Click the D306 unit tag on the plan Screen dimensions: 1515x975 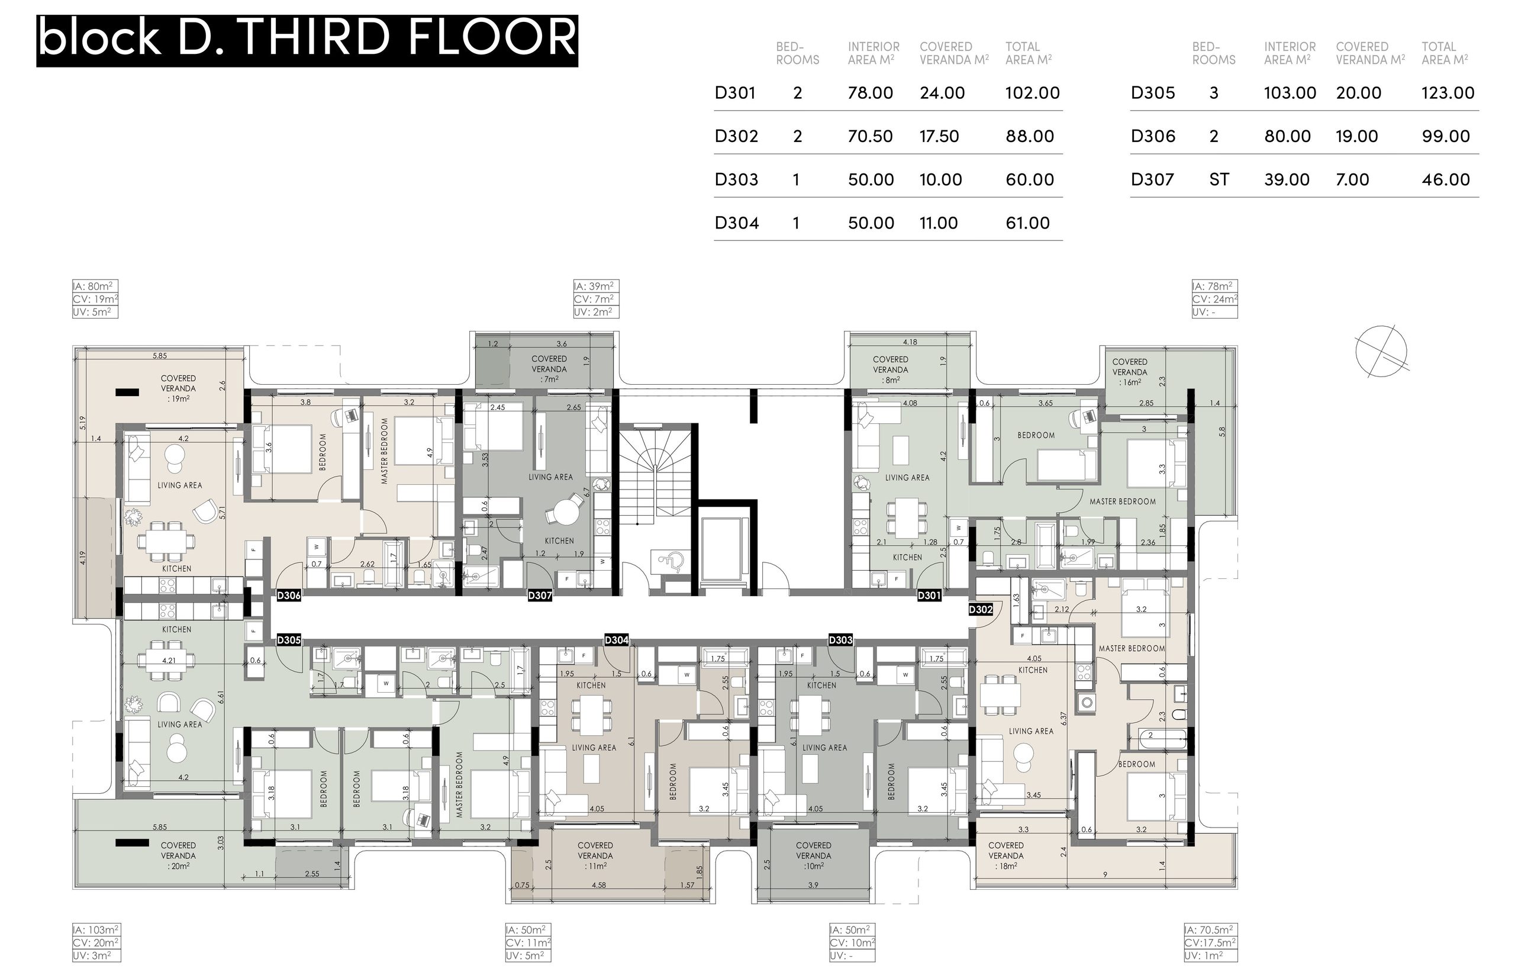289,595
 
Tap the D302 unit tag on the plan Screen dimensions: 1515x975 980,609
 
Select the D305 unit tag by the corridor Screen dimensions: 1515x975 289,640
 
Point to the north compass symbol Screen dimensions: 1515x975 1381,352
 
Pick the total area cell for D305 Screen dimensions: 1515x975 1448,93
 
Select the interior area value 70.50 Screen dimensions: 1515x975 870,136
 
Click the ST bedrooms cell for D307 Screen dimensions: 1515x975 1219,180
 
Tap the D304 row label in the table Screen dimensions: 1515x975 737,223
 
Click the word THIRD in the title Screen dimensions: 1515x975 317,38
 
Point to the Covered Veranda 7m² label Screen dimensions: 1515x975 549,368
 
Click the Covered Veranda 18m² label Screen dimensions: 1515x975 1005,855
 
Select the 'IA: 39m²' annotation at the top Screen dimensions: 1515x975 595,286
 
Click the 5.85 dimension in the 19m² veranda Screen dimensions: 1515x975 160,356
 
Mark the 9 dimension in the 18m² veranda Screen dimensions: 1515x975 1105,874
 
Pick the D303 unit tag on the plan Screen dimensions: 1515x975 840,640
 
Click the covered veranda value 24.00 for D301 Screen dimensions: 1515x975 942,93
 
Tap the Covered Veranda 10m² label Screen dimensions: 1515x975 813,855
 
